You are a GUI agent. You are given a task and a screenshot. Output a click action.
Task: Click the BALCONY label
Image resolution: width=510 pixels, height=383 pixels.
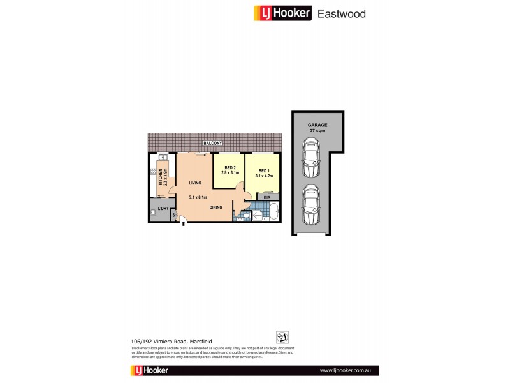tap(213, 144)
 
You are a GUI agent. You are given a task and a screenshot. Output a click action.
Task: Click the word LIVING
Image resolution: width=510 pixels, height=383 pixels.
tap(195, 183)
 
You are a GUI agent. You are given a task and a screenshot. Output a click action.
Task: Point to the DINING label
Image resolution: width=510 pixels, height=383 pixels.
tap(216, 207)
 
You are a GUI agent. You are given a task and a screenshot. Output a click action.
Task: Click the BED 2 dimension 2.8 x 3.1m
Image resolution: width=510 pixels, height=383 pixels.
tap(229, 173)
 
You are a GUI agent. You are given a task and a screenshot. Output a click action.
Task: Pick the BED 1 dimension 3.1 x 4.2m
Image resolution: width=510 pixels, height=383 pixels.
tap(263, 175)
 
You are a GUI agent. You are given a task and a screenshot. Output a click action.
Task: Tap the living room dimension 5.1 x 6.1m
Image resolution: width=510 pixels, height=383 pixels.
tap(198, 197)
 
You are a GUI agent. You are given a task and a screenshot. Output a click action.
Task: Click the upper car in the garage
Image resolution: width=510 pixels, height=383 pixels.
tap(312, 161)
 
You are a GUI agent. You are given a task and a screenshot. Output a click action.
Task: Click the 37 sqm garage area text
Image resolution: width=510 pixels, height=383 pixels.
tap(317, 131)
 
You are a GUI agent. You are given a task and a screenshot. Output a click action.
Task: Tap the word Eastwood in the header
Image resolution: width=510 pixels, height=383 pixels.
tap(342, 13)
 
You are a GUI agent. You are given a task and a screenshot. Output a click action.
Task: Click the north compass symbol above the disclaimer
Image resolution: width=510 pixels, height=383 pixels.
tap(282, 337)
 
